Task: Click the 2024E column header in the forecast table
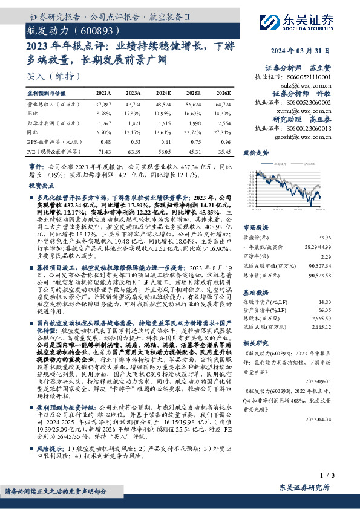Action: [x=164, y=94]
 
